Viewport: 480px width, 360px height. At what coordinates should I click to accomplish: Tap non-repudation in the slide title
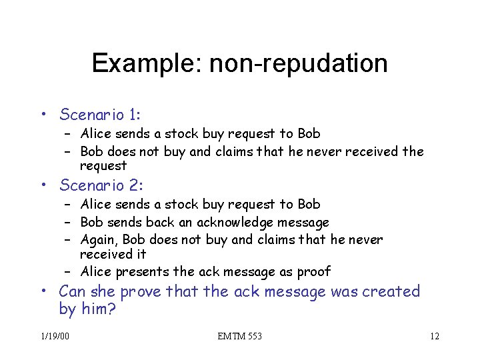(x=298, y=63)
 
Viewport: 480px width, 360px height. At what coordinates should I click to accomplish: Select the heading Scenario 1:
(x=101, y=115)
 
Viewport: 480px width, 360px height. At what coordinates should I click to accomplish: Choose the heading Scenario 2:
(x=101, y=185)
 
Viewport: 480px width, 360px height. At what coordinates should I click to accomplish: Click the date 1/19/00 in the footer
(x=54, y=336)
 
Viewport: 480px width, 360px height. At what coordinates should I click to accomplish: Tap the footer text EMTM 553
(x=239, y=336)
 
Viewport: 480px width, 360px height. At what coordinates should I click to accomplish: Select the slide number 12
(x=434, y=336)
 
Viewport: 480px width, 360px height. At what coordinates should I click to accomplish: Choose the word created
(x=393, y=291)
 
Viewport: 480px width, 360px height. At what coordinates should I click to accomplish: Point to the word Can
(x=72, y=291)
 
